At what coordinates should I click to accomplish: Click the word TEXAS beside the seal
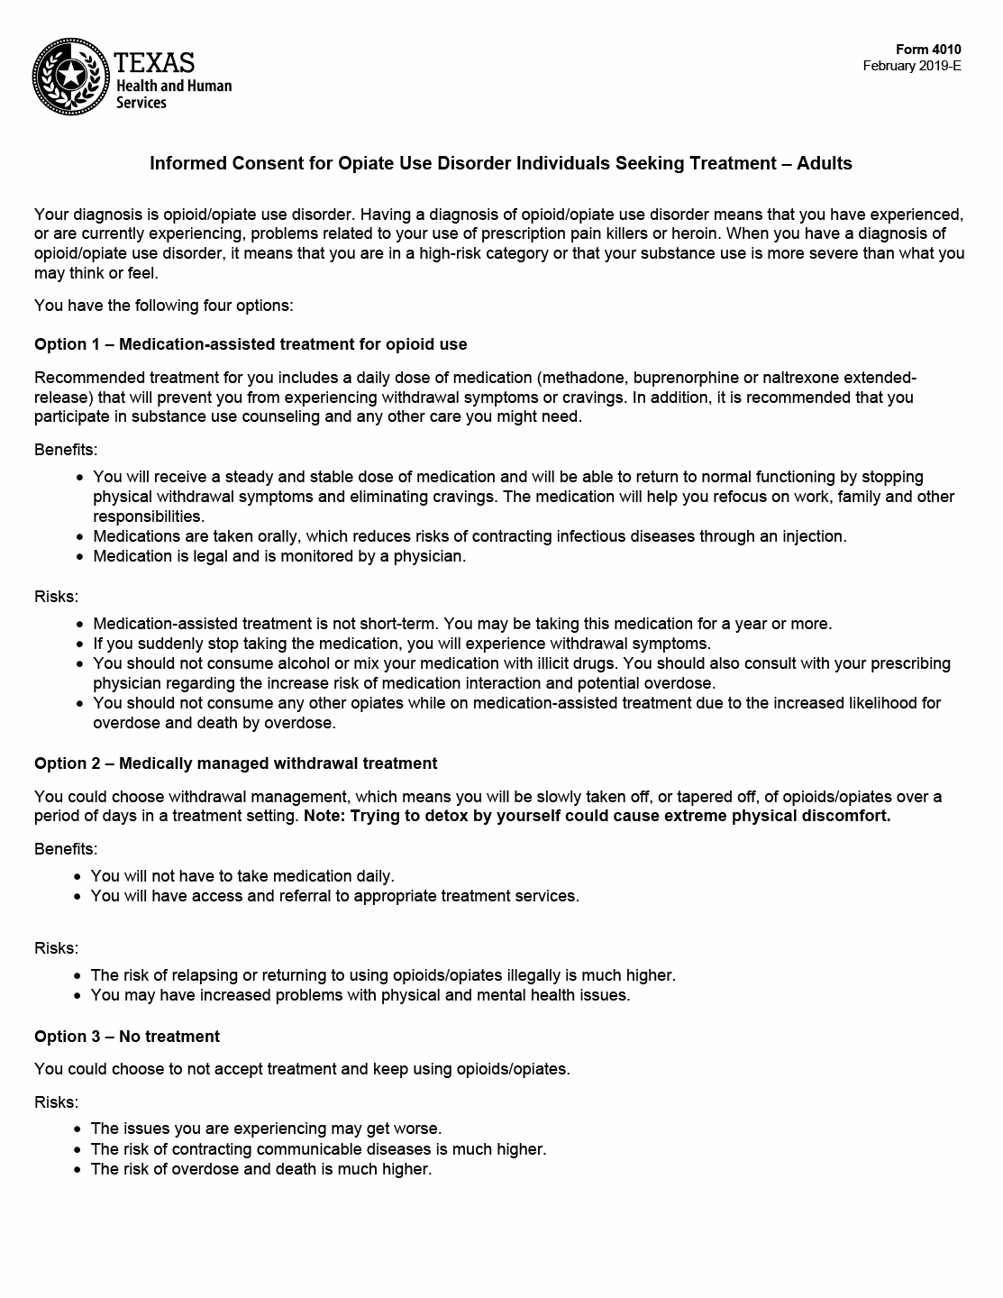pyautogui.click(x=155, y=62)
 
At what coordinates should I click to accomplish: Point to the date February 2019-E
pyautogui.click(x=912, y=66)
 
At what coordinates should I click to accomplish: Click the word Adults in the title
pyautogui.click(x=825, y=163)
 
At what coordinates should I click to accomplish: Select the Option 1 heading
pyautogui.click(x=251, y=344)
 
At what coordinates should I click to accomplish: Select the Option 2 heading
pyautogui.click(x=235, y=763)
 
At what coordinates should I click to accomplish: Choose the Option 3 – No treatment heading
pyautogui.click(x=127, y=1037)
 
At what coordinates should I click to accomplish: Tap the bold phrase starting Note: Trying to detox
pyautogui.click(x=597, y=817)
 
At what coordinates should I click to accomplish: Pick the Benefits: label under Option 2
pyautogui.click(x=66, y=849)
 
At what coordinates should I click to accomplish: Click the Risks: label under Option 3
pyautogui.click(x=56, y=1102)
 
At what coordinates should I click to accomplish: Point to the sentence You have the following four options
pyautogui.click(x=163, y=306)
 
